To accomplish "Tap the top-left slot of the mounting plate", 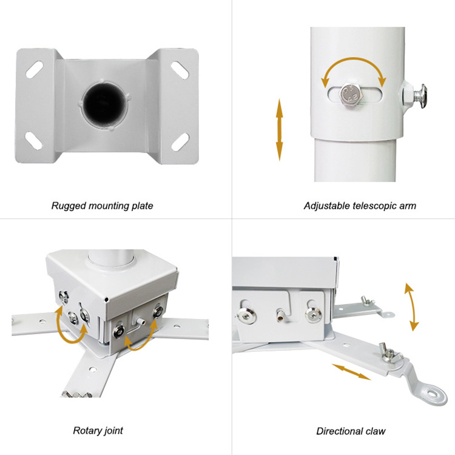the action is point(34,69).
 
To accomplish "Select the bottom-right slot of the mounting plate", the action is point(180,141).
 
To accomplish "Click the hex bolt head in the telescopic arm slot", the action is point(352,94).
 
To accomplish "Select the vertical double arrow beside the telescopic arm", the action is point(279,130).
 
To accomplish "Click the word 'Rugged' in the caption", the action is point(69,206).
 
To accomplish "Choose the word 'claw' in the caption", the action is point(376,431).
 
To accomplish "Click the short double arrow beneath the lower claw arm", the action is point(351,372).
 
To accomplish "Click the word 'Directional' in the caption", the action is point(340,431).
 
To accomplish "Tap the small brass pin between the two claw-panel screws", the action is point(281,314).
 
